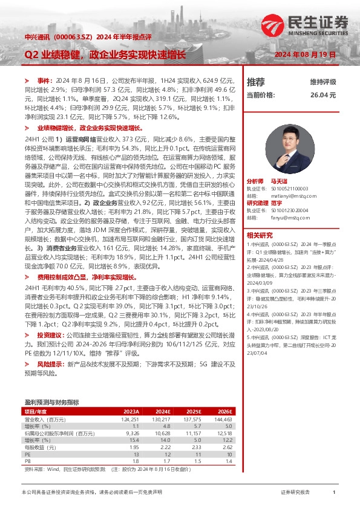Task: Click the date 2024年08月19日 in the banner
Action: click(305, 54)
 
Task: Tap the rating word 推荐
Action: click(256, 82)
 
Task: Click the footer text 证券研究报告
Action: click(296, 493)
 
